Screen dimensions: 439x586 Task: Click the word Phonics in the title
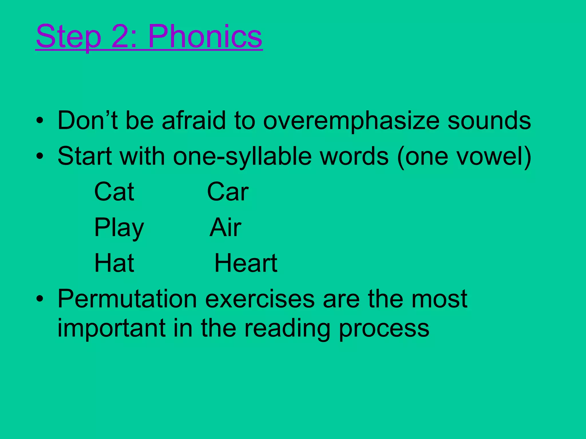tap(205, 37)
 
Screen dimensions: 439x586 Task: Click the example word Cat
tap(114, 191)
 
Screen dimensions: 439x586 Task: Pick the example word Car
tap(228, 191)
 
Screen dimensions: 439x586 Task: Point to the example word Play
tap(119, 228)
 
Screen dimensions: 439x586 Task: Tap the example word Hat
tap(114, 263)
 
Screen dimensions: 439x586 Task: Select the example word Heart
tap(246, 263)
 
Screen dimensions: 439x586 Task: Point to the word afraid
tap(194, 120)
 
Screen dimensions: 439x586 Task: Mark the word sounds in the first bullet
tap(489, 120)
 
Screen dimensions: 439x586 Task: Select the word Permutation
tap(127, 299)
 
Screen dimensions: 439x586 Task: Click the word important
tap(111, 328)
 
